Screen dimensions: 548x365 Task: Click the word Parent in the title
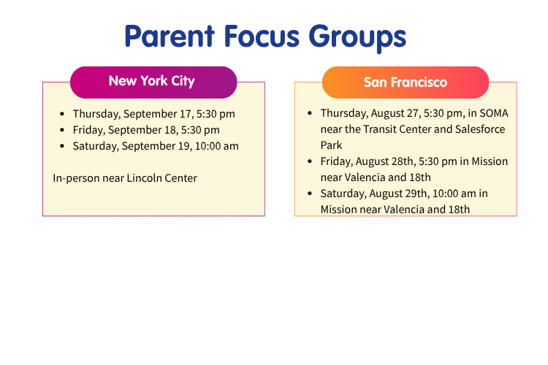pos(170,36)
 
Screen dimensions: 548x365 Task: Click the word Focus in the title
pos(262,36)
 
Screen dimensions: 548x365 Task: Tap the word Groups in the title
pos(357,39)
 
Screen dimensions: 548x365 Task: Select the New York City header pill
pos(153,82)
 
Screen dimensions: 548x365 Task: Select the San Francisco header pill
pos(406,82)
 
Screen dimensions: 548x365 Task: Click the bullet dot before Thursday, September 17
pos(62,114)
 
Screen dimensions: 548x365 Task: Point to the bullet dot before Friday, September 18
pos(62,130)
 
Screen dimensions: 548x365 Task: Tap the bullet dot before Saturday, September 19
pos(62,146)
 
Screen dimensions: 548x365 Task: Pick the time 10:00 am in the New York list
pos(217,146)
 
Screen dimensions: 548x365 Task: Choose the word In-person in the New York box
pos(77,179)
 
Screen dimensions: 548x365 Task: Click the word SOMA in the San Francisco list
pos(494,113)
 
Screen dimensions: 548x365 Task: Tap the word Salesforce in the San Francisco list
pos(480,129)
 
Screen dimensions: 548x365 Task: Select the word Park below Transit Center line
pos(331,145)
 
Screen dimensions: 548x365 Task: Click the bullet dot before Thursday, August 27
pos(310,113)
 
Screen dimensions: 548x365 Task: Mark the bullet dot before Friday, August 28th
pos(310,161)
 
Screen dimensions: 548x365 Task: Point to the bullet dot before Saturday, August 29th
pos(310,193)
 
